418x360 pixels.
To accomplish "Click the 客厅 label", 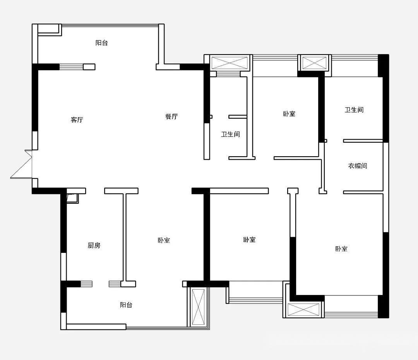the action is coord(77,120).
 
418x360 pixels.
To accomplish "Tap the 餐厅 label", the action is coord(171,116).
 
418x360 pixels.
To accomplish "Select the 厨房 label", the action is coord(94,245).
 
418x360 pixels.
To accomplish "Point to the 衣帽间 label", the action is coord(358,166).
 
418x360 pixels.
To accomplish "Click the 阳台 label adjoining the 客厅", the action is coord(101,43).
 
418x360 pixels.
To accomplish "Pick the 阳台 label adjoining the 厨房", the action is coord(126,305).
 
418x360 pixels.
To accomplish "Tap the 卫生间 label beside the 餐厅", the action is coord(230,134).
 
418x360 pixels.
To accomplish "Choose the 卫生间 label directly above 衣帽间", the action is coord(354,110).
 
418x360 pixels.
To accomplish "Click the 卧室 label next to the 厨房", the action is coord(164,240).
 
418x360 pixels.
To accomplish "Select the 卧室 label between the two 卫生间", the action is coord(289,114).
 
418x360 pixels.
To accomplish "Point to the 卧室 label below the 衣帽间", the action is coord(341,249).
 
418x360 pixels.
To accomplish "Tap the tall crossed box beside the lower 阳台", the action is coord(198,307).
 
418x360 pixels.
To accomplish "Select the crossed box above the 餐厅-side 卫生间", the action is coord(230,63).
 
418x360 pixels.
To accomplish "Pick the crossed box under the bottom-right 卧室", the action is coord(303,310).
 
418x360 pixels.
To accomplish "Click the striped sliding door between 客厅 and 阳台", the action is coord(71,67).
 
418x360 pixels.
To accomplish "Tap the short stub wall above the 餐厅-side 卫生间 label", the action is coord(238,117).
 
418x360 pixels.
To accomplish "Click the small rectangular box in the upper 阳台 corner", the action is coord(50,29).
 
